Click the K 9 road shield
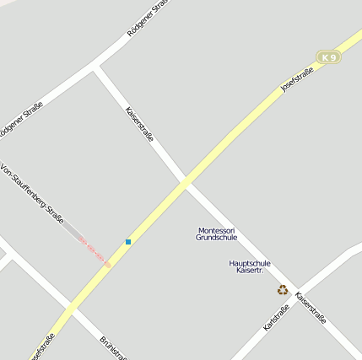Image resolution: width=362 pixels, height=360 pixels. pos(329,57)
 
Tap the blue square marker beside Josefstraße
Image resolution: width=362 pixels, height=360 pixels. pos(128,242)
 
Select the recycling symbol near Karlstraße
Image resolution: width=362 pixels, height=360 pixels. pos(283,290)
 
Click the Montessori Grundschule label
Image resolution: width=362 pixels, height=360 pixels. pos(217,234)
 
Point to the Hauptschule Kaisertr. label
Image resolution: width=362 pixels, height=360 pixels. pos(250,266)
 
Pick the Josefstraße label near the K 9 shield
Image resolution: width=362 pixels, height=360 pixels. pos(297,81)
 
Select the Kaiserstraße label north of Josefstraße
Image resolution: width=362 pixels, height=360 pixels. pos(139,124)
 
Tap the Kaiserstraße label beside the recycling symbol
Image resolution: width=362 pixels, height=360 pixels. pos(311,309)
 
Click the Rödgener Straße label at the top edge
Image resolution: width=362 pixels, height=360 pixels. pos(148,19)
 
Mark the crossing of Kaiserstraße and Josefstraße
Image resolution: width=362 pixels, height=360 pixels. pos(184,182)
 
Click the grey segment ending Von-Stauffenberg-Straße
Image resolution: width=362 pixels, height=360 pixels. pos(72,230)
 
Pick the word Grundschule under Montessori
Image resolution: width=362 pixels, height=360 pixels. pos(217,238)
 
